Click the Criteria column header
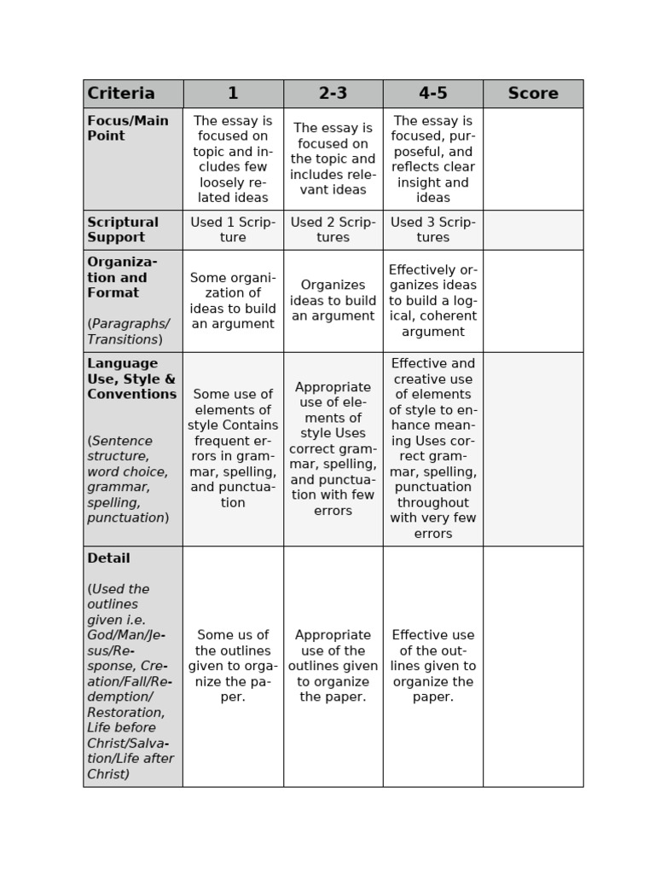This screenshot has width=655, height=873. (x=121, y=94)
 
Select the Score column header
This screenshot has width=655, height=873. (x=533, y=94)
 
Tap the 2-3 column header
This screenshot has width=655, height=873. (x=333, y=94)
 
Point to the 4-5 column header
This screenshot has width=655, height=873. (x=432, y=94)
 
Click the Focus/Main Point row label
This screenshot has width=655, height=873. (x=128, y=128)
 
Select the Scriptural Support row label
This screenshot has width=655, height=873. (x=123, y=229)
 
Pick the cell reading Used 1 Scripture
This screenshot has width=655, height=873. (x=233, y=229)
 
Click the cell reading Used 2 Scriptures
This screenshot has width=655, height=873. (x=333, y=229)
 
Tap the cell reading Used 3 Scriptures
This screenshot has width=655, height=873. (x=432, y=229)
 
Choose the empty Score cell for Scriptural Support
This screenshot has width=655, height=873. (x=533, y=229)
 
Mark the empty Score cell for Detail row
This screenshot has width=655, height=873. (x=533, y=666)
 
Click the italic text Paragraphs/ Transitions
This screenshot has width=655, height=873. (x=128, y=331)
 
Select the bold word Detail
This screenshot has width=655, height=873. (x=108, y=558)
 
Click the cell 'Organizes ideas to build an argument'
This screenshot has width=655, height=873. (x=333, y=300)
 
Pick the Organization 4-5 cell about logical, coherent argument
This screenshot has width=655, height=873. (x=432, y=300)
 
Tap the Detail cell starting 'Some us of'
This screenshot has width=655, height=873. (x=233, y=666)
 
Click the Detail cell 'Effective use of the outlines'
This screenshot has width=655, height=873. (x=432, y=666)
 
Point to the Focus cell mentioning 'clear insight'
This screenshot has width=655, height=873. (x=432, y=159)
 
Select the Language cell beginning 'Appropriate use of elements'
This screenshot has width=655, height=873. (x=333, y=448)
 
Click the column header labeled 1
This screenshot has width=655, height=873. (x=233, y=94)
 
